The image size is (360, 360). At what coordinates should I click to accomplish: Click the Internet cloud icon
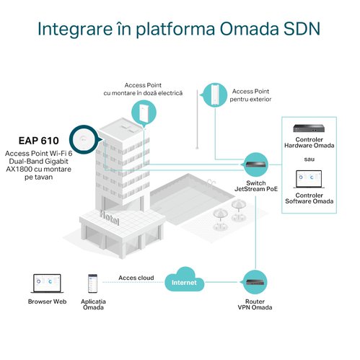click(184, 279)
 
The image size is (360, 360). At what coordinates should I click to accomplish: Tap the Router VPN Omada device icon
click(255, 282)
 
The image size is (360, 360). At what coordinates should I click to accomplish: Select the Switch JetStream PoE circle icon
click(255, 165)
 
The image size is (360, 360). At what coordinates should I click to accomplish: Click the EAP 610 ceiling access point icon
click(84, 139)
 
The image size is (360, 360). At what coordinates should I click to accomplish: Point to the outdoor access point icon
click(215, 95)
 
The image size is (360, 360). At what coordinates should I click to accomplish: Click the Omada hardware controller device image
click(309, 128)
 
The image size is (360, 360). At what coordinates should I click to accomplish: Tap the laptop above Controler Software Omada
click(309, 179)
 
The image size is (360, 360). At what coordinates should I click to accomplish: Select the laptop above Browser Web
click(47, 284)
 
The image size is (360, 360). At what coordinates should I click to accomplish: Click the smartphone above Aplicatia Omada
click(92, 284)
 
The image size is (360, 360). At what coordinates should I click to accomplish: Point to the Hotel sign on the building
click(110, 218)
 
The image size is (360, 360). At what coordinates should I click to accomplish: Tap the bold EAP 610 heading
click(39, 141)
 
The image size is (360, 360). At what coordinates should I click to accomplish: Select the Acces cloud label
click(136, 278)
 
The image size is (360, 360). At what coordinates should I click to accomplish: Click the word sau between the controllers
click(309, 159)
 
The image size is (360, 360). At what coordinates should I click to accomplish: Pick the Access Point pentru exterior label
click(250, 95)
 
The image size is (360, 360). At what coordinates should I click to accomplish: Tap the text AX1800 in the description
click(19, 169)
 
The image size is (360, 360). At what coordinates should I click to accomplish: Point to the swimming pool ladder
click(211, 182)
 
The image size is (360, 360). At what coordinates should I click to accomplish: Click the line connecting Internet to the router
click(222, 282)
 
